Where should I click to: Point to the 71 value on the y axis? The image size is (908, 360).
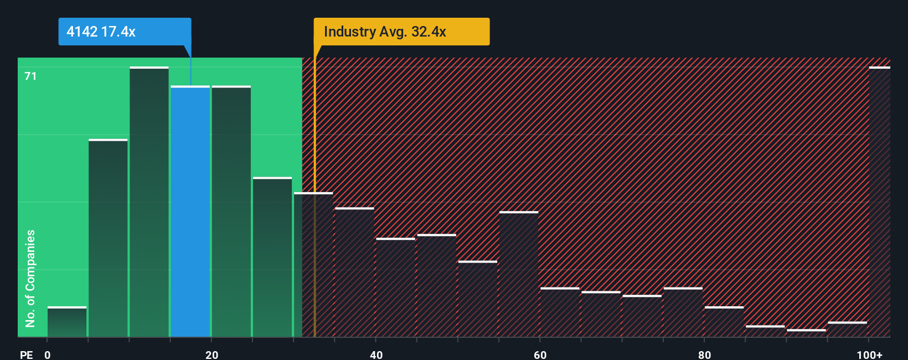pyautogui.click(x=30, y=76)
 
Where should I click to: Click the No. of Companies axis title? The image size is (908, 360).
pyautogui.click(x=30, y=278)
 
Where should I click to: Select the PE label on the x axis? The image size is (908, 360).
pyautogui.click(x=26, y=354)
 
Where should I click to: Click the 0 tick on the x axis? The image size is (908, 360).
pyautogui.click(x=48, y=354)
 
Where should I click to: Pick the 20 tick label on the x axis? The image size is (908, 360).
pyautogui.click(x=211, y=354)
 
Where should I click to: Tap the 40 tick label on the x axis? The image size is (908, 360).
pyautogui.click(x=376, y=354)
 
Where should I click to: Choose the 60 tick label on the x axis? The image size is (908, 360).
pyautogui.click(x=540, y=354)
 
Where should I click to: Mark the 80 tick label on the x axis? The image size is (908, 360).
pyautogui.click(x=704, y=354)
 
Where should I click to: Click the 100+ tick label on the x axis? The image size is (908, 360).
pyautogui.click(x=869, y=354)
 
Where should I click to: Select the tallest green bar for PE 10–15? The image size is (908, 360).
pyautogui.click(x=149, y=202)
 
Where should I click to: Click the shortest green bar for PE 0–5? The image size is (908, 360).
pyautogui.click(x=67, y=322)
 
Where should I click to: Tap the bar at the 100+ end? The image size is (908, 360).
pyautogui.click(x=879, y=202)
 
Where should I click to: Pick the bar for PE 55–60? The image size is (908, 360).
pyautogui.click(x=519, y=274)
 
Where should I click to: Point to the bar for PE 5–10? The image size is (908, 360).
pyautogui.click(x=108, y=238)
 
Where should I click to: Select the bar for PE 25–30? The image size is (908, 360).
pyautogui.click(x=272, y=257)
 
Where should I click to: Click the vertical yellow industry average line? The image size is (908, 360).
pyautogui.click(x=314, y=222)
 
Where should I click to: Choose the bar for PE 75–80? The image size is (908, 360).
pyautogui.click(x=683, y=312)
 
